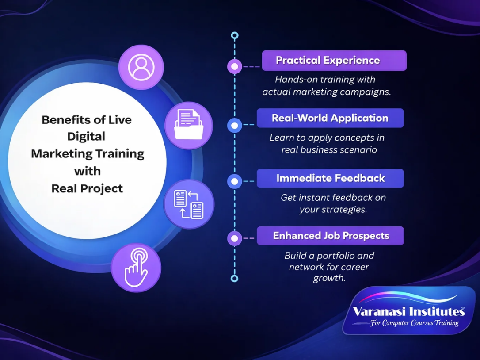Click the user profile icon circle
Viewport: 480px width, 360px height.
point(141,67)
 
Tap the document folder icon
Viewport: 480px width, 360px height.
point(189,125)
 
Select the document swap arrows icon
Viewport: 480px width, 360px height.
point(189,204)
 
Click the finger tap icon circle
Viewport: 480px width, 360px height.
point(136,268)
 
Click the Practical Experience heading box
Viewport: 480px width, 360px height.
point(334,61)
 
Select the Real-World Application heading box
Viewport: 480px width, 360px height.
point(330,118)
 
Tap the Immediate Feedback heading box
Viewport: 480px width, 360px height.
point(330,178)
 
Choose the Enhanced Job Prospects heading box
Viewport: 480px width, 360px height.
point(330,236)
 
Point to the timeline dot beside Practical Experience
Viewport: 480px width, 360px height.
point(235,67)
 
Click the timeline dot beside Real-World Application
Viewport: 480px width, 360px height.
point(235,125)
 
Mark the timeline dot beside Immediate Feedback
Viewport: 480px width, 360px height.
point(235,181)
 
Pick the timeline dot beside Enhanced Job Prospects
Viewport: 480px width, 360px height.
point(235,239)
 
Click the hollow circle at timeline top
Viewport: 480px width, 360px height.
point(235,35)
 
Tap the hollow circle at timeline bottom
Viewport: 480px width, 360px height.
point(235,278)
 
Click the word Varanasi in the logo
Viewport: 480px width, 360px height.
point(377,311)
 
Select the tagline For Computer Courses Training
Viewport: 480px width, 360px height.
point(414,323)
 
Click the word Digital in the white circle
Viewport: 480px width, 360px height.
point(86,136)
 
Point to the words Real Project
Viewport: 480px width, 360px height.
point(87,188)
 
